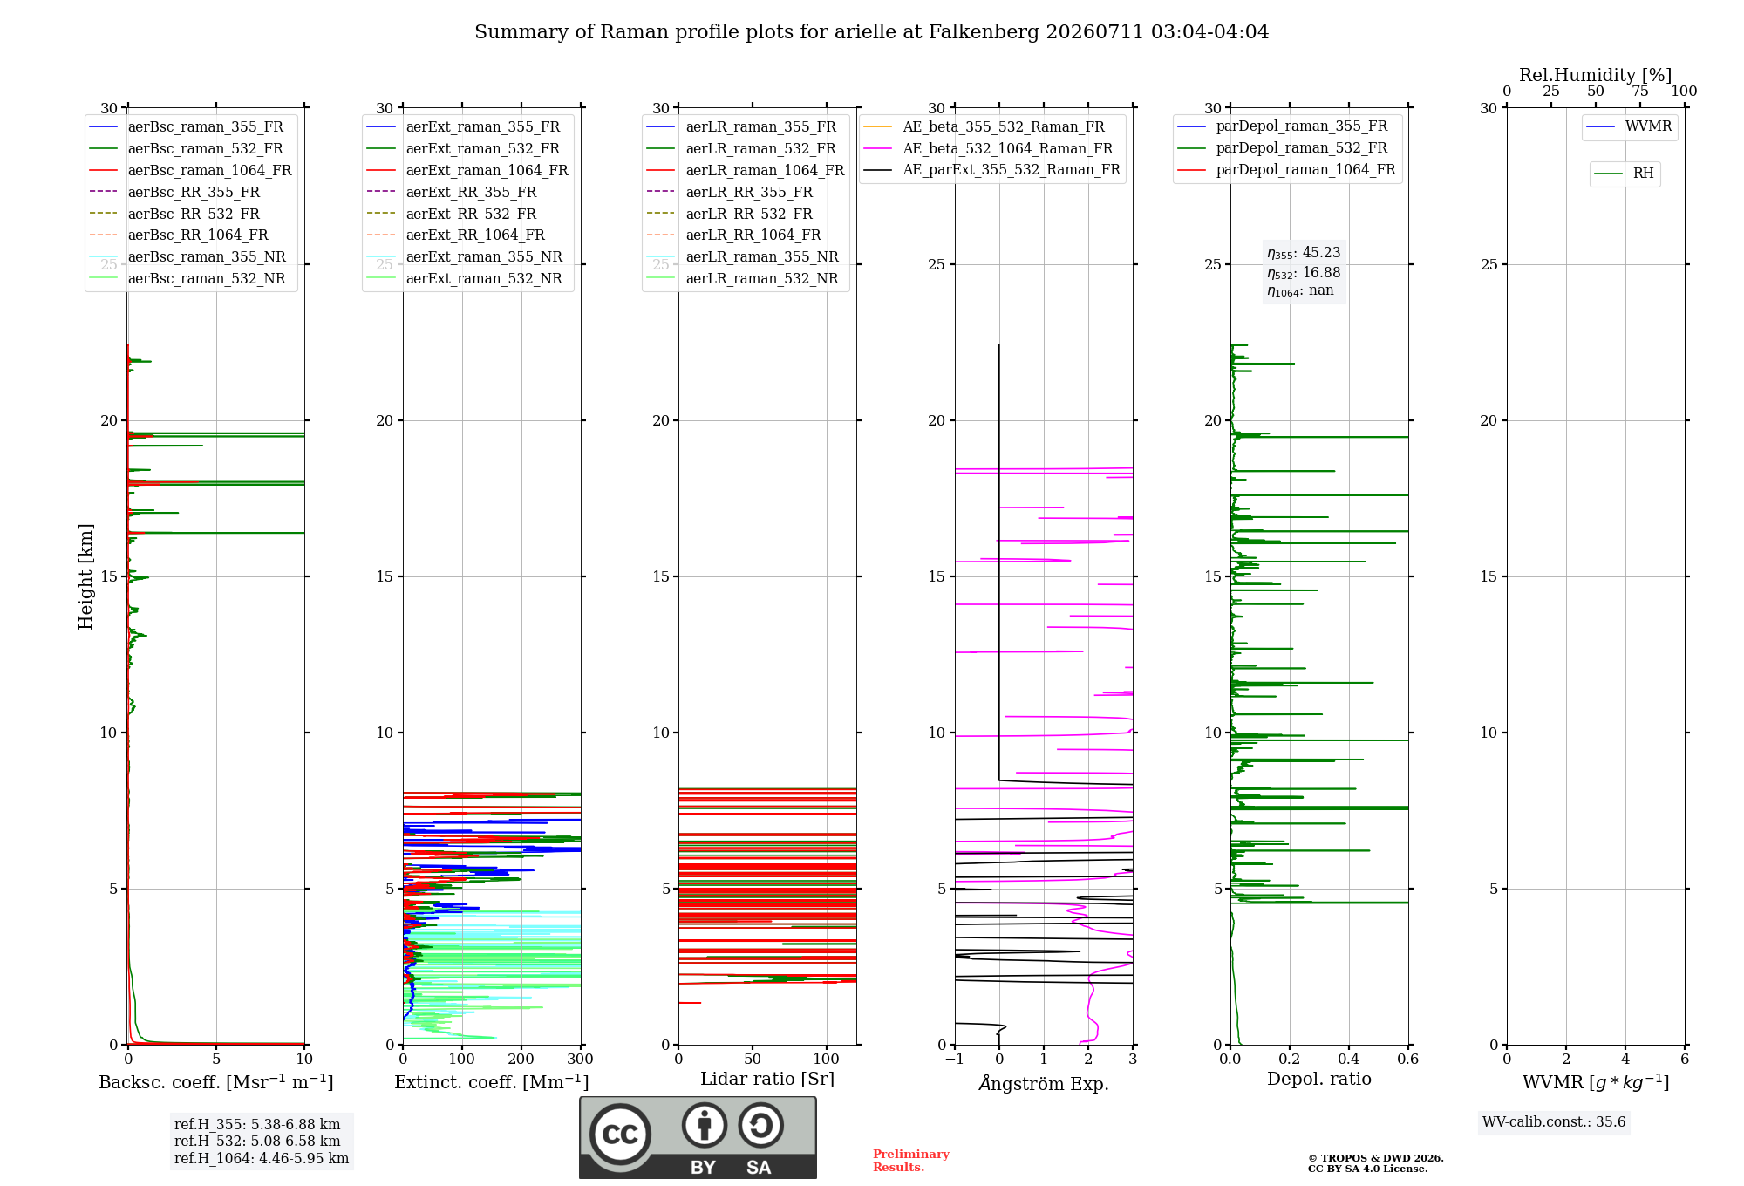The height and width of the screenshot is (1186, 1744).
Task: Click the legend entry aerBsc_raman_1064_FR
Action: tap(190, 171)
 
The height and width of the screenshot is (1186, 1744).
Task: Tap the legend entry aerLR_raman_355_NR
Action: tap(743, 257)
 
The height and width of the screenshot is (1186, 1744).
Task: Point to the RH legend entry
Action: tap(1624, 174)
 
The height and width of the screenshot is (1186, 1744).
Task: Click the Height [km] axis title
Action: tap(85, 576)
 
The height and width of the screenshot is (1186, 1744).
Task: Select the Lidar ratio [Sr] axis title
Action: tap(767, 1079)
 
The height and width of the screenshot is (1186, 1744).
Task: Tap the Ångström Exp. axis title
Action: tap(1044, 1082)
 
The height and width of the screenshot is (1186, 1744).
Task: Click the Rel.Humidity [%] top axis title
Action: tap(1596, 75)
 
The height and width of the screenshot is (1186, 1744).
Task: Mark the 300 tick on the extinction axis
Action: tap(580, 1060)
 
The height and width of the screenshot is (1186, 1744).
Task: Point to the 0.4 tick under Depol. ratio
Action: tap(1349, 1060)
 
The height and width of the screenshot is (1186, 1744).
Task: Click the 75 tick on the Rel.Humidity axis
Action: tap(1640, 92)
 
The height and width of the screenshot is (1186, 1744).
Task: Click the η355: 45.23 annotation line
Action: tap(1304, 253)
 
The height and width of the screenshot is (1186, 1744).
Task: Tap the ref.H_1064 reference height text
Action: tap(262, 1159)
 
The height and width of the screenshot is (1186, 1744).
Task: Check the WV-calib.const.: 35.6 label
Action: tap(1554, 1122)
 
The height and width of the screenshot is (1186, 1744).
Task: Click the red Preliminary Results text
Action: tap(911, 1161)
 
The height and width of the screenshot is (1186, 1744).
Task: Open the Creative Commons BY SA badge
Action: tap(698, 1138)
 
